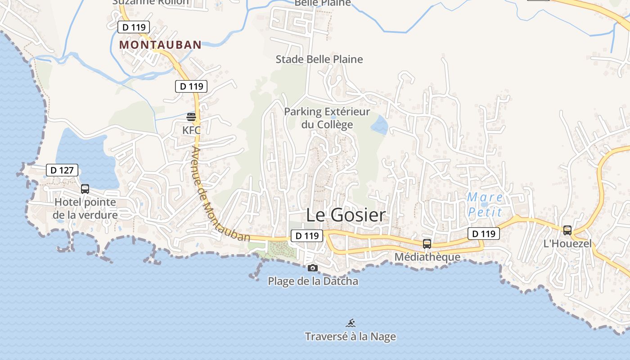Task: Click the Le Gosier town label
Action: point(346,215)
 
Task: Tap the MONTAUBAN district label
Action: point(160,45)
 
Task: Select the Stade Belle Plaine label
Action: point(319,59)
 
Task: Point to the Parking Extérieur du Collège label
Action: point(327,118)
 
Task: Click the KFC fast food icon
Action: point(191,117)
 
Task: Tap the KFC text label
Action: point(191,130)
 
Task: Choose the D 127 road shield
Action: point(62,170)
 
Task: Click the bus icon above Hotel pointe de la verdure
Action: point(85,189)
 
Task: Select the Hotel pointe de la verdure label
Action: point(85,209)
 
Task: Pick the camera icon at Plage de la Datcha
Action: point(312,268)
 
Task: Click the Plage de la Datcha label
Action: point(313,281)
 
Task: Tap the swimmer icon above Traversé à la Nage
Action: point(351,323)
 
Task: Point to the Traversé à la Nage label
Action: point(351,337)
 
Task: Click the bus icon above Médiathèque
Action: point(427,244)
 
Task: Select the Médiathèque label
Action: point(427,257)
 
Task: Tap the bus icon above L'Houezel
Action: point(567,230)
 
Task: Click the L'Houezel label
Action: point(567,244)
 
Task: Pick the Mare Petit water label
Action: point(485,204)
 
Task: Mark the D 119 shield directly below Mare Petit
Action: point(484,234)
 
